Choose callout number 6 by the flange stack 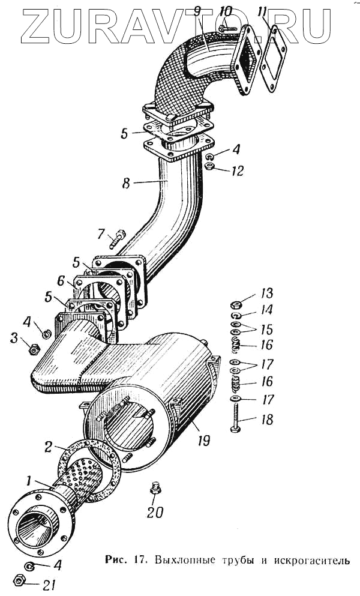(61, 280)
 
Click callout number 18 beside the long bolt (266, 419)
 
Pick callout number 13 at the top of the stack (266, 293)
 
